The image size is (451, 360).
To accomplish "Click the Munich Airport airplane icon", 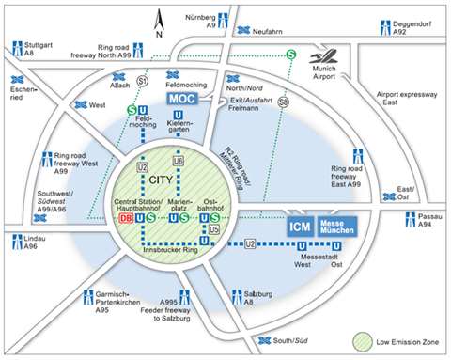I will (330, 55).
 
